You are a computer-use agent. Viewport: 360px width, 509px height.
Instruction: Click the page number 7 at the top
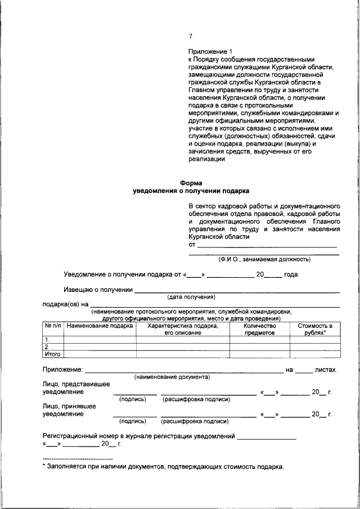(x=191, y=37)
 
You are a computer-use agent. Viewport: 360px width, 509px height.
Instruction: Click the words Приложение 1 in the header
(x=209, y=52)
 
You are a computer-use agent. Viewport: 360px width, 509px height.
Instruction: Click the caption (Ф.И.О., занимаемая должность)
(x=264, y=259)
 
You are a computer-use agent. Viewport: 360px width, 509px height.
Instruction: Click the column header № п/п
(x=53, y=326)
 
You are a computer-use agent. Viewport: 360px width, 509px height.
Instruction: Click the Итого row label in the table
(x=52, y=354)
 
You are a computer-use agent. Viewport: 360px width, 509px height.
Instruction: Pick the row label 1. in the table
(x=48, y=340)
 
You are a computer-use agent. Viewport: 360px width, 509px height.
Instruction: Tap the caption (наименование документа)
(x=172, y=377)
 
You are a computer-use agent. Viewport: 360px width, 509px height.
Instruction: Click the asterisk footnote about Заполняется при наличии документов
(x=163, y=467)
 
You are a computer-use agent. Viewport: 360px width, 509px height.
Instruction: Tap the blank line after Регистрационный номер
(x=266, y=437)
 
